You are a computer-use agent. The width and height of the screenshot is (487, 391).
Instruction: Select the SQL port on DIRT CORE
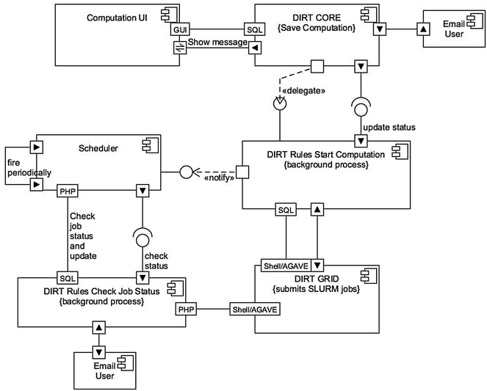(x=254, y=29)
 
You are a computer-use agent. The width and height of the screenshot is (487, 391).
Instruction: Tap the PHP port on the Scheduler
(x=68, y=191)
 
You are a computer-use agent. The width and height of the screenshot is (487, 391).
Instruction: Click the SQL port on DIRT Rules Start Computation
(x=286, y=210)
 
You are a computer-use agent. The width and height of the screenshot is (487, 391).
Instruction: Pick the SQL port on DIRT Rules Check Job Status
(x=68, y=278)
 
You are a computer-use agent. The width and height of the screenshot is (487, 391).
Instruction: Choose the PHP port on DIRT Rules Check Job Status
(x=185, y=310)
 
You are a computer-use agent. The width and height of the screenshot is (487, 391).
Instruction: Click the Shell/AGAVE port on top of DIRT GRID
(x=282, y=264)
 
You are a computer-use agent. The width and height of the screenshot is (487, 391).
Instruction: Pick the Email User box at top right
(x=452, y=30)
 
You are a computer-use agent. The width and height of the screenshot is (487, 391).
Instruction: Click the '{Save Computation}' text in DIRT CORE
(x=315, y=28)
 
